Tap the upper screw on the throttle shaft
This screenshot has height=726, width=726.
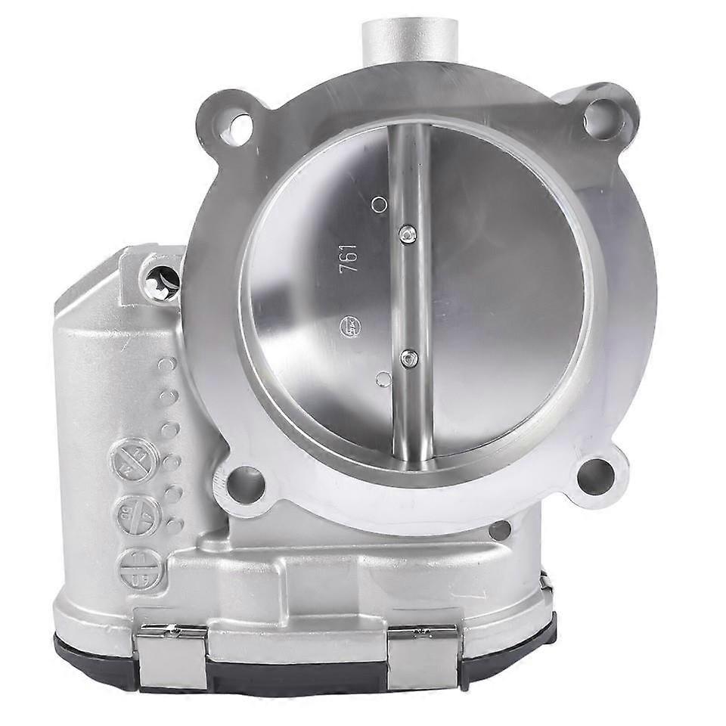[409, 235]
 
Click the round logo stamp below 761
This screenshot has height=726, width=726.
[350, 327]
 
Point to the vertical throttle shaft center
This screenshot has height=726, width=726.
[409, 295]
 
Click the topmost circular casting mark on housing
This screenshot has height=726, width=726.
[135, 460]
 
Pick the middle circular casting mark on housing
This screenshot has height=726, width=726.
[136, 515]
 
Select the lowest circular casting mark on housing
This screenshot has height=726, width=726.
[137, 566]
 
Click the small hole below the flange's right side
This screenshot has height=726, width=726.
[500, 530]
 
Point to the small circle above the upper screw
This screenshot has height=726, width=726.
[380, 204]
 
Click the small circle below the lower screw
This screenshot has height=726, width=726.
[383, 379]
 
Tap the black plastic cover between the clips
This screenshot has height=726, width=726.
[295, 675]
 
